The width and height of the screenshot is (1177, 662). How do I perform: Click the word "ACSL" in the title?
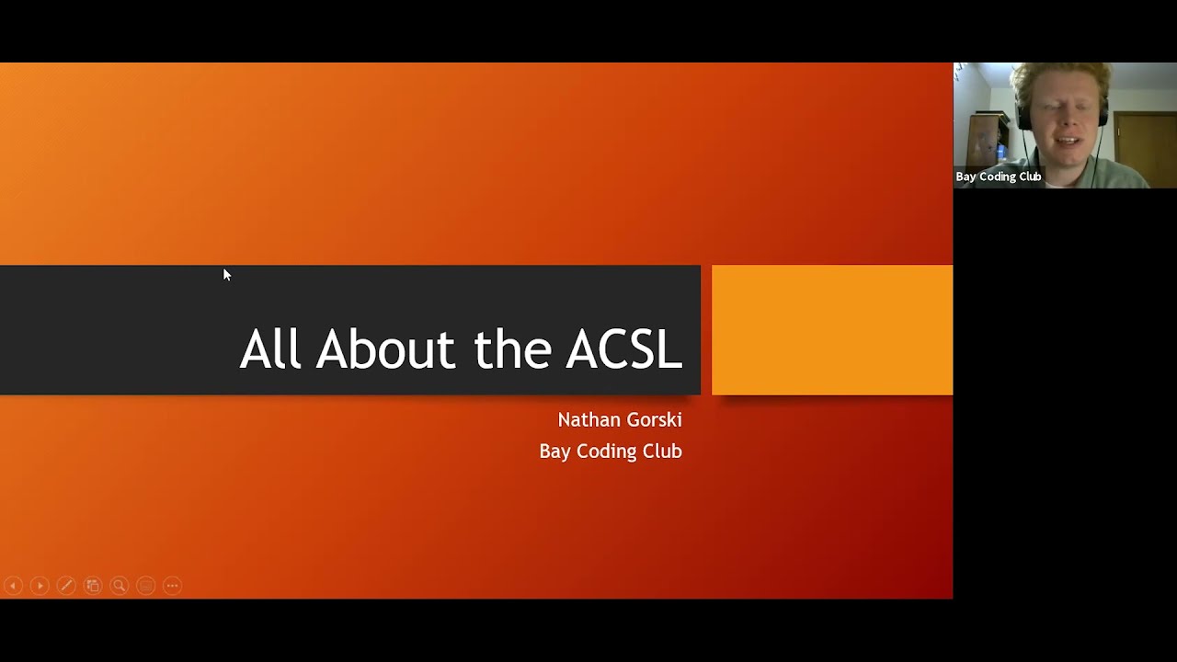tap(623, 350)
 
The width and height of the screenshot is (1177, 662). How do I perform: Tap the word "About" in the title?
tap(385, 350)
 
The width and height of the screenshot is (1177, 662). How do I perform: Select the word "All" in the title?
tap(270, 350)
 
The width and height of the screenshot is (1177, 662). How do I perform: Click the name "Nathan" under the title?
tap(588, 420)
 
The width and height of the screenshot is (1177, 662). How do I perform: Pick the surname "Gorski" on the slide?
tap(653, 420)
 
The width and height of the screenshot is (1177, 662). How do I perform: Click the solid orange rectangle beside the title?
tap(832, 330)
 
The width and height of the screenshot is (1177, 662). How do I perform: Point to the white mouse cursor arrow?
tap(226, 274)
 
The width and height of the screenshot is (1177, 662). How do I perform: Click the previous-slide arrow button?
tap(13, 586)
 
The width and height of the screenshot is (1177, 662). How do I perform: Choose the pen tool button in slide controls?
tap(66, 586)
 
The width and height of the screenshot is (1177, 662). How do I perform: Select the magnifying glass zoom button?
tap(119, 586)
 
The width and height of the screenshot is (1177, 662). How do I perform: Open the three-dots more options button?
tap(172, 586)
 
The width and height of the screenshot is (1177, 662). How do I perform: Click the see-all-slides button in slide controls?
tap(93, 586)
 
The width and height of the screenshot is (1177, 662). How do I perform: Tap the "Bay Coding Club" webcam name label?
tap(998, 177)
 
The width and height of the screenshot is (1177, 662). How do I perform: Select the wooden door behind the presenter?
tap(1145, 138)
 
